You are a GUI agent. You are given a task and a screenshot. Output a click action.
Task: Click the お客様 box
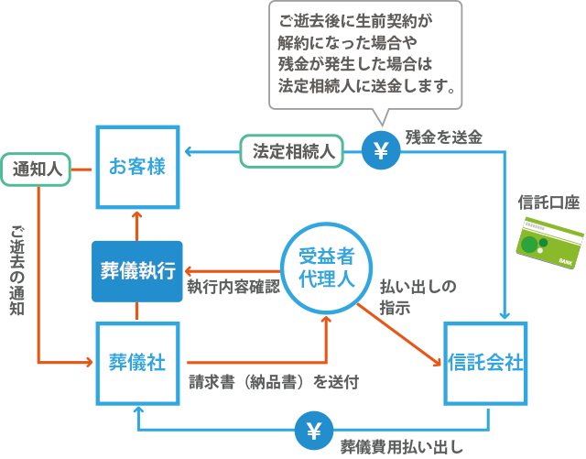[136, 167]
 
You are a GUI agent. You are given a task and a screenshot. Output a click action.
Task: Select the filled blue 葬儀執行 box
[137, 271]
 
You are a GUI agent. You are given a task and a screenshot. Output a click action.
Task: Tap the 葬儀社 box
[136, 363]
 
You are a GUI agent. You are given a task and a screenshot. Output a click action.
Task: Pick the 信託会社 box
[484, 363]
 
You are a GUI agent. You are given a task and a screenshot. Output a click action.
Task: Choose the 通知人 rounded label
[37, 169]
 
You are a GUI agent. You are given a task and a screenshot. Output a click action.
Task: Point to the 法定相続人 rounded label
[291, 150]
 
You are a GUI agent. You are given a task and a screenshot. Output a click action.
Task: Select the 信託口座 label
[548, 202]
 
